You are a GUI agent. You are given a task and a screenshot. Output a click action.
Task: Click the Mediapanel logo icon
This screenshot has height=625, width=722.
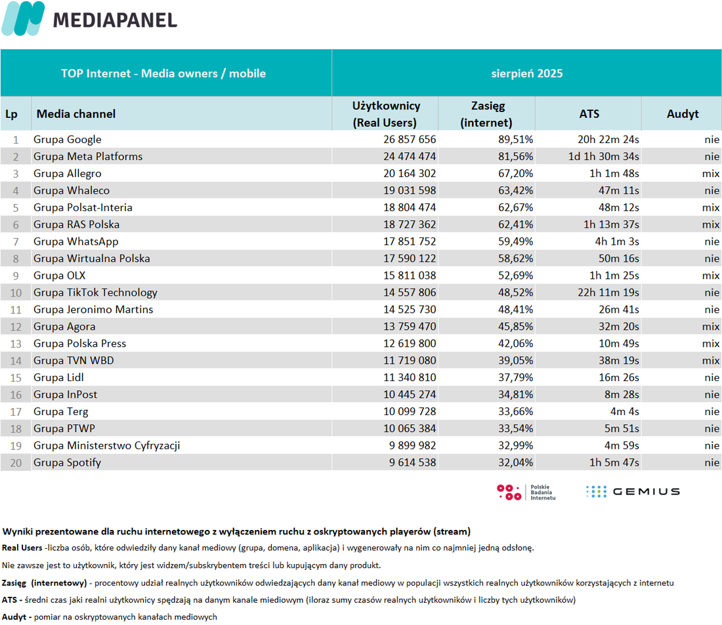point(24,18)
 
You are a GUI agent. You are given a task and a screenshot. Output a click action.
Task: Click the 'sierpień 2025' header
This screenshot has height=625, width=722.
point(527,73)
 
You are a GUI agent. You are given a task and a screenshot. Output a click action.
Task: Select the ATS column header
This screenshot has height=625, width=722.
point(589,113)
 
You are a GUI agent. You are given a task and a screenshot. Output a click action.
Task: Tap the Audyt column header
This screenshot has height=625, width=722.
point(683,113)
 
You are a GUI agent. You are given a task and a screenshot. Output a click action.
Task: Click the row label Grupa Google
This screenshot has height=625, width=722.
point(67,140)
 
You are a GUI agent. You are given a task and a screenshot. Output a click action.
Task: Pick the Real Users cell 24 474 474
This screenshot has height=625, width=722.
point(410,157)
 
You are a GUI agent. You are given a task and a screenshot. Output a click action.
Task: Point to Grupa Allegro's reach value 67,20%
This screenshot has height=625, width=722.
point(515,174)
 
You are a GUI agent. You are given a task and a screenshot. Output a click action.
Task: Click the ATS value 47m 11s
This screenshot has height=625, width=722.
point(618,191)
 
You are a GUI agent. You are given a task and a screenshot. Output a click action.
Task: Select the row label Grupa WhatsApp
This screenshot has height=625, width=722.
point(76,241)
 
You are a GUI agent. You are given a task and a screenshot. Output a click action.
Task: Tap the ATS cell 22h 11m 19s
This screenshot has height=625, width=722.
point(608,292)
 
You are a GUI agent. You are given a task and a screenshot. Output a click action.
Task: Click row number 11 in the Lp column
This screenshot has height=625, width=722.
point(16,310)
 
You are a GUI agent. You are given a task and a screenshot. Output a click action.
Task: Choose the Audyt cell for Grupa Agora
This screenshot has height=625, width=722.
point(710,327)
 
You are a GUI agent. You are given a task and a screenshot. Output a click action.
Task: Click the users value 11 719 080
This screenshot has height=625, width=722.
point(410,361)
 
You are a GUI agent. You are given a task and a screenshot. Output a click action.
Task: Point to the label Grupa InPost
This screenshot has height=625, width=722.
point(66,394)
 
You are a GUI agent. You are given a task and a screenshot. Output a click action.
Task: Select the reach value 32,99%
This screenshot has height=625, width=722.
point(515,445)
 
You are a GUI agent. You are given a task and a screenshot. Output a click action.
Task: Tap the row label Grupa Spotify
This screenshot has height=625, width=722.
point(67,462)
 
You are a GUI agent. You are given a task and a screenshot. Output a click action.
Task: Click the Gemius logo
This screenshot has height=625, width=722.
point(633,491)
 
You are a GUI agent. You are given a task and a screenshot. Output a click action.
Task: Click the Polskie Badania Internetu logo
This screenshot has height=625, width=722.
point(526,492)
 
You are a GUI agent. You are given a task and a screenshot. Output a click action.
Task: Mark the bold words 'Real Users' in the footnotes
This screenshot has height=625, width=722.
point(22,548)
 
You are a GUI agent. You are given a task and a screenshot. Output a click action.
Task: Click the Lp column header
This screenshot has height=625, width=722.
point(12,114)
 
